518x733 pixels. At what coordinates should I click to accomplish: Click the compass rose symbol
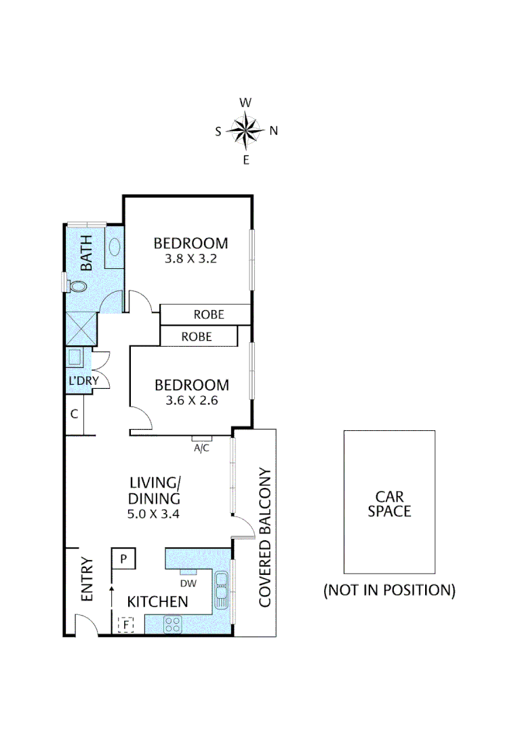tap(245, 131)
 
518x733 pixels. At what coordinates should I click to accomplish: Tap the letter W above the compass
tap(246, 103)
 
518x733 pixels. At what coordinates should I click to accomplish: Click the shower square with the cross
tap(81, 329)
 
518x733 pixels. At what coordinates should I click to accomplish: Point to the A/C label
tap(201, 448)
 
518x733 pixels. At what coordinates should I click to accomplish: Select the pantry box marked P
tap(123, 559)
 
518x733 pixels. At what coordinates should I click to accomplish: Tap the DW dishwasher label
tap(188, 583)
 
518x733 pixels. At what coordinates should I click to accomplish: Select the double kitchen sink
tap(221, 590)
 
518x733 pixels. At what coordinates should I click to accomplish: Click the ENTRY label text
tap(87, 584)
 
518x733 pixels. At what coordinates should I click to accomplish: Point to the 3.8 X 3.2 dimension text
tap(190, 259)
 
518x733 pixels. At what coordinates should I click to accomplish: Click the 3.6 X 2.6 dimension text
tap(192, 401)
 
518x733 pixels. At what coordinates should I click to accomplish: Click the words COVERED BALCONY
tap(265, 537)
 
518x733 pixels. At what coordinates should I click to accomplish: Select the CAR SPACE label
tap(389, 504)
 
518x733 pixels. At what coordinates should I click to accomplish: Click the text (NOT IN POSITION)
tap(389, 590)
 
